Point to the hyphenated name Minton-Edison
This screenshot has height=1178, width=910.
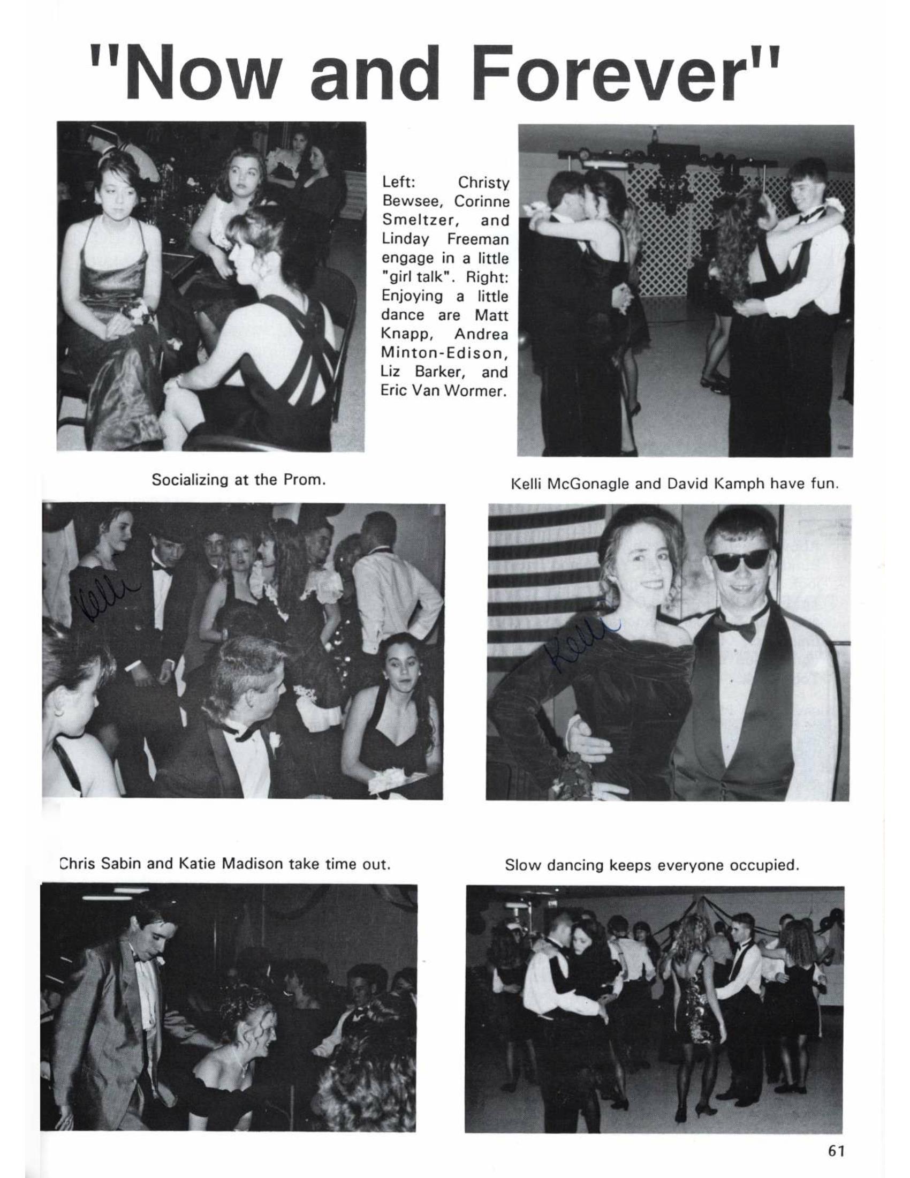445,353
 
